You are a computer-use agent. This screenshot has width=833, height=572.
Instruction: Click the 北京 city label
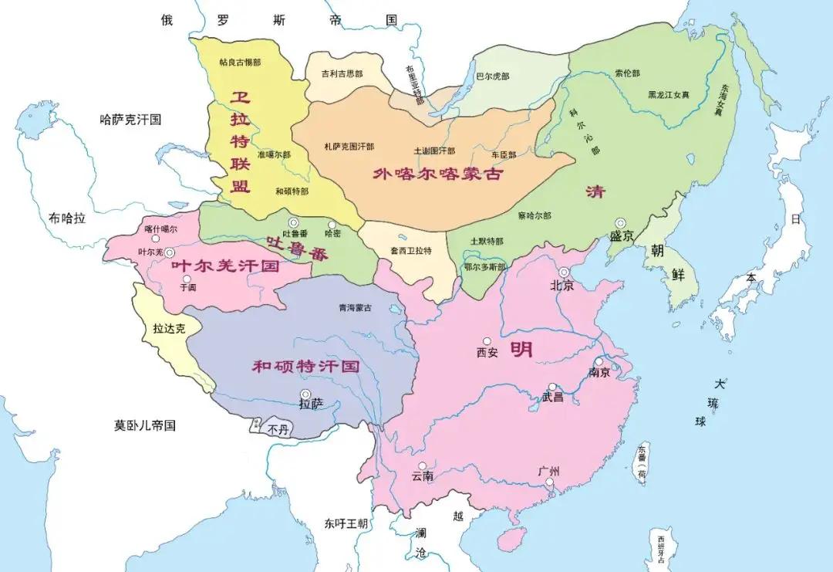coord(562,286)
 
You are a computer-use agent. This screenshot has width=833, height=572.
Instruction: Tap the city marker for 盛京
coord(619,223)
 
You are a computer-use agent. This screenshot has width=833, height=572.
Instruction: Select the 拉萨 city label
coord(312,404)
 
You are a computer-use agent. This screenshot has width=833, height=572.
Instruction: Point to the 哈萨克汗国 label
coord(130,120)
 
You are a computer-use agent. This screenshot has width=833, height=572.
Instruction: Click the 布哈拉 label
coord(66,218)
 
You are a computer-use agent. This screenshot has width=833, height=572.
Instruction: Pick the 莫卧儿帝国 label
coord(146,425)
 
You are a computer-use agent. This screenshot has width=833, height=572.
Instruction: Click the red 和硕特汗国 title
coord(306,366)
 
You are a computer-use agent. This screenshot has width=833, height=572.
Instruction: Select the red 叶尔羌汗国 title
coord(224,266)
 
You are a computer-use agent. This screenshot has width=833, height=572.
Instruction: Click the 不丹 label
coord(278,430)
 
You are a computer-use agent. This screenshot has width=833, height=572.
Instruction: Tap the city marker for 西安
coord(487,341)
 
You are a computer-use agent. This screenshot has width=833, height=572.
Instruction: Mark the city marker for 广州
coord(549,483)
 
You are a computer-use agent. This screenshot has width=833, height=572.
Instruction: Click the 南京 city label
coord(599,373)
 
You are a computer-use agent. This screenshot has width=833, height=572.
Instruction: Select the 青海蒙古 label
coord(355,307)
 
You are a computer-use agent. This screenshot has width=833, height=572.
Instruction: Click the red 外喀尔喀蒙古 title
coord(437,174)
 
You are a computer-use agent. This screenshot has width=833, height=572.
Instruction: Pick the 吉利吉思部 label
coord(342,73)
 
